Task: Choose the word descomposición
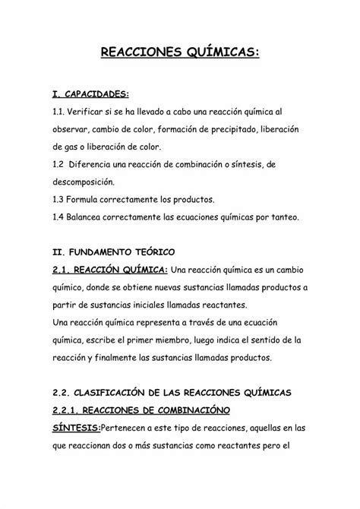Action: [84, 182]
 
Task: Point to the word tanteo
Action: [283, 217]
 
